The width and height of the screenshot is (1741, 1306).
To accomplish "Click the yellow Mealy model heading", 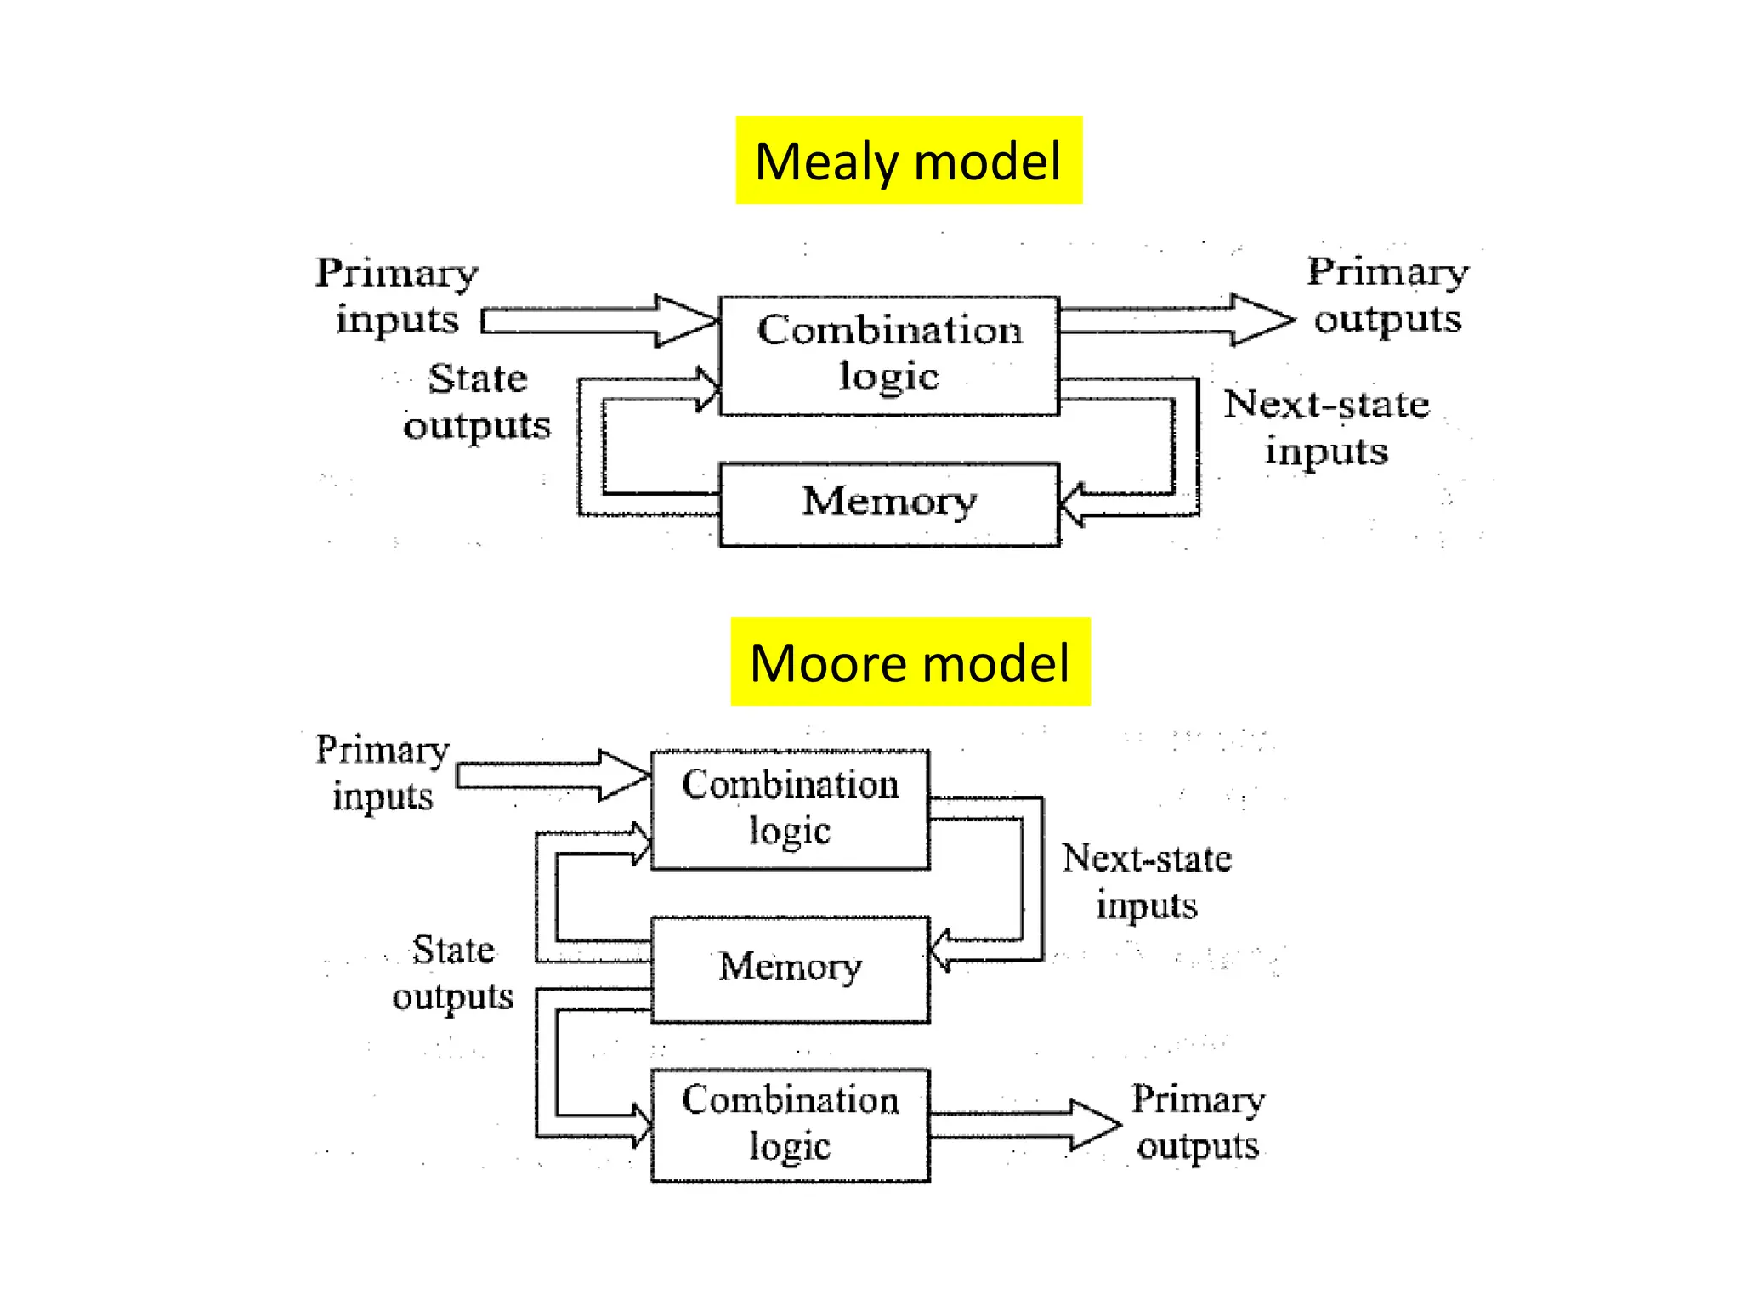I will pos(908,161).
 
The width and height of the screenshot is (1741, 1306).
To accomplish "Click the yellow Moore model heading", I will pos(910,662).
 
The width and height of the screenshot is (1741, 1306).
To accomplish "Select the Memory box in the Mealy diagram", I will pos(889,503).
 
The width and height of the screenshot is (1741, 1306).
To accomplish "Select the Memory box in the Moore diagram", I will pos(790,968).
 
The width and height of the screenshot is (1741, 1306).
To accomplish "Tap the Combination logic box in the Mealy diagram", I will pos(889,355).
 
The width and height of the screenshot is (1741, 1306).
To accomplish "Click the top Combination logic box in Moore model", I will pos(790,809).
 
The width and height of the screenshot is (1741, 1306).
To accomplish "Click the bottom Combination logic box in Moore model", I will pos(790,1124).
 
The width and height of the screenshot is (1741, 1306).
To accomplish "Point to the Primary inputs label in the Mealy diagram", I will pos(397,295).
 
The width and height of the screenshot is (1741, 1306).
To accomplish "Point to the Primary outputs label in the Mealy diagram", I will pos(1387,295).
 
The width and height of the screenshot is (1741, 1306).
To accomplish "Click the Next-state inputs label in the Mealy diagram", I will pos(1326,427).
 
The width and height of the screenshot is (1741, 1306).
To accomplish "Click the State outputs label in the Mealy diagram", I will pos(477,401).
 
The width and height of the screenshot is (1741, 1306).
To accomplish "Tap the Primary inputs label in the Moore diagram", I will pos(382,773).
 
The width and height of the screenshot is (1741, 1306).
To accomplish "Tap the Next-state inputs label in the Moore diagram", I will pos(1147,881).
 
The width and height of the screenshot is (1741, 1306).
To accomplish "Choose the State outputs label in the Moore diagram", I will pos(453,973).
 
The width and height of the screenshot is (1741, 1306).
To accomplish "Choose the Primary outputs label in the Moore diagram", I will pos(1198,1122).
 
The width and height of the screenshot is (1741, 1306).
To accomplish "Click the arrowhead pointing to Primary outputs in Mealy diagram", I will pos(1263,320).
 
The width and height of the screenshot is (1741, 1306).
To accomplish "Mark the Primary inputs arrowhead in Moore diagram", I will pos(624,775).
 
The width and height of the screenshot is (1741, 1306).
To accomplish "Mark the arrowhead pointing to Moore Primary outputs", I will pos(1095,1124).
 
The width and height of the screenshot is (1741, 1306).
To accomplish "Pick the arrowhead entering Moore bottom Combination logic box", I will pos(643,1125).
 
